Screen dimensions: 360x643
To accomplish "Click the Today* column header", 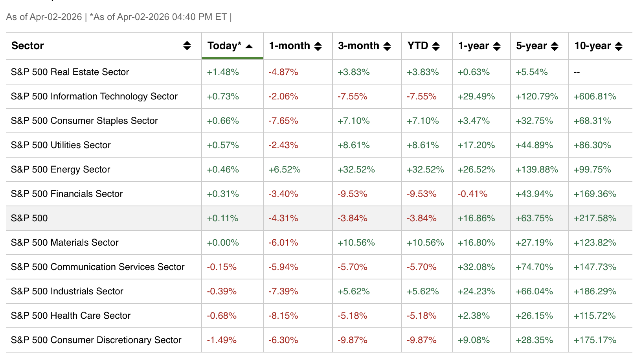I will coord(224,46).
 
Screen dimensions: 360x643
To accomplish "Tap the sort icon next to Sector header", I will coord(187,46).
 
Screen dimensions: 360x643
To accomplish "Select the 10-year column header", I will coord(592,46).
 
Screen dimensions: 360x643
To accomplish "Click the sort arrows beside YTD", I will coord(435,46).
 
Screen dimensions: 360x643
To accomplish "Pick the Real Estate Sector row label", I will coord(70,72).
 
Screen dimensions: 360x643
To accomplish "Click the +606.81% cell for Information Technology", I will coord(595,96).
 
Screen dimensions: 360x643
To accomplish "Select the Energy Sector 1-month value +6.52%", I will coord(284,169).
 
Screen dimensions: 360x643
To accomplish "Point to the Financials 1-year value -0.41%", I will coord(472,194).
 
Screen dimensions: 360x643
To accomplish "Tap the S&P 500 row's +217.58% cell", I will coord(595,218).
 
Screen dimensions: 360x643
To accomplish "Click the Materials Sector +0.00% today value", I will coord(223,242).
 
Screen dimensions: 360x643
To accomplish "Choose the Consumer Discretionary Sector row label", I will coord(96,340).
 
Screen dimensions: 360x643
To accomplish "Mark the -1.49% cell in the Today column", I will coord(222,340).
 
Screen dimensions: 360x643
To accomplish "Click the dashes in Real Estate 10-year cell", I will coord(577,72).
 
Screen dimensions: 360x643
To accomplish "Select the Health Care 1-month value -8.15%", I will coord(283,316).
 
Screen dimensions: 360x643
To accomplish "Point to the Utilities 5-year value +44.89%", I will coord(534,145).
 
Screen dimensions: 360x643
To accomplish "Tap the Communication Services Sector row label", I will coord(97,267).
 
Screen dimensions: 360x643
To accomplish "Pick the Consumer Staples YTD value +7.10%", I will coord(423,121).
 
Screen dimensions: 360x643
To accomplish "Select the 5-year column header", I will coord(531,46).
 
